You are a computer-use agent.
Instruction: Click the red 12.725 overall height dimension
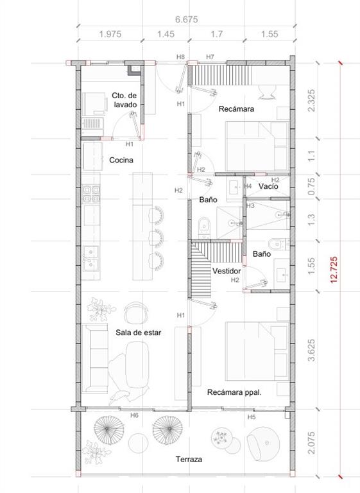[x=334, y=270]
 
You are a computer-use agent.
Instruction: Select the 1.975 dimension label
[x=110, y=34]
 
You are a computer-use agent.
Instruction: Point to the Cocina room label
[x=121, y=160]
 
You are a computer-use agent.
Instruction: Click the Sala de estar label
[x=139, y=333]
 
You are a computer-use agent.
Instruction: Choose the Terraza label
[x=189, y=460]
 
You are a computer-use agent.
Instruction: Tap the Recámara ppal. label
[x=235, y=392]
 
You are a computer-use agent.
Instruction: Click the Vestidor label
[x=227, y=271]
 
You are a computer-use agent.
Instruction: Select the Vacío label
[x=268, y=186]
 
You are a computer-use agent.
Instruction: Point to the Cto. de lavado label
[x=124, y=100]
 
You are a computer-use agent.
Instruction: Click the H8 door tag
[x=180, y=57]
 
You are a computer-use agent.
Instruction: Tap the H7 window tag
[x=210, y=57]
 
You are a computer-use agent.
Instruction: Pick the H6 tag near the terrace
[x=134, y=415]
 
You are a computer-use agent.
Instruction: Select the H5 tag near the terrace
[x=251, y=417]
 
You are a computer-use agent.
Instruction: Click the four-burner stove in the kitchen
[x=91, y=194]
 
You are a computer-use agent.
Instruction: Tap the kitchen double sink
[x=91, y=259]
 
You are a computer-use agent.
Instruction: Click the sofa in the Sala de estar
[x=95, y=358]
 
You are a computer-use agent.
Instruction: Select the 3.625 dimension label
[x=311, y=350]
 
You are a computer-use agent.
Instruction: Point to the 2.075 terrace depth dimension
[x=311, y=443]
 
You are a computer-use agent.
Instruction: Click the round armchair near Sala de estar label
[x=136, y=312]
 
